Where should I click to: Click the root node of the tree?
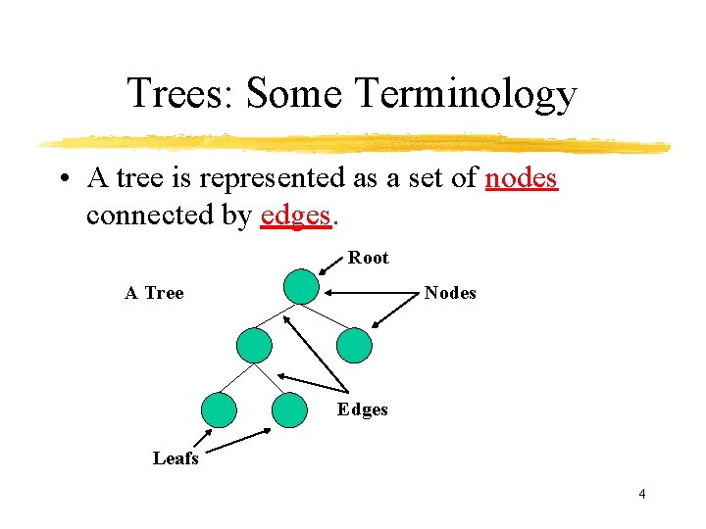301,288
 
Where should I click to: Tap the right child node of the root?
354,346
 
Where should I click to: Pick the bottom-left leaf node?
219,410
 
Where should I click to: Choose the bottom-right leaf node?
289,410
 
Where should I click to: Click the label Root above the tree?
369,258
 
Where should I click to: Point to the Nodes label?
450,293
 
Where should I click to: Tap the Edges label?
362,409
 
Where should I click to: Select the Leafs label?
176,457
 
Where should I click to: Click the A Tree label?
154,293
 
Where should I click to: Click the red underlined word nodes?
522,178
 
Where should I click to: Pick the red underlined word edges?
296,216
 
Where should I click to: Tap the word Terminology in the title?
466,95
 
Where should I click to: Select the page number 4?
641,494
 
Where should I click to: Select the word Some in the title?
298,95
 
